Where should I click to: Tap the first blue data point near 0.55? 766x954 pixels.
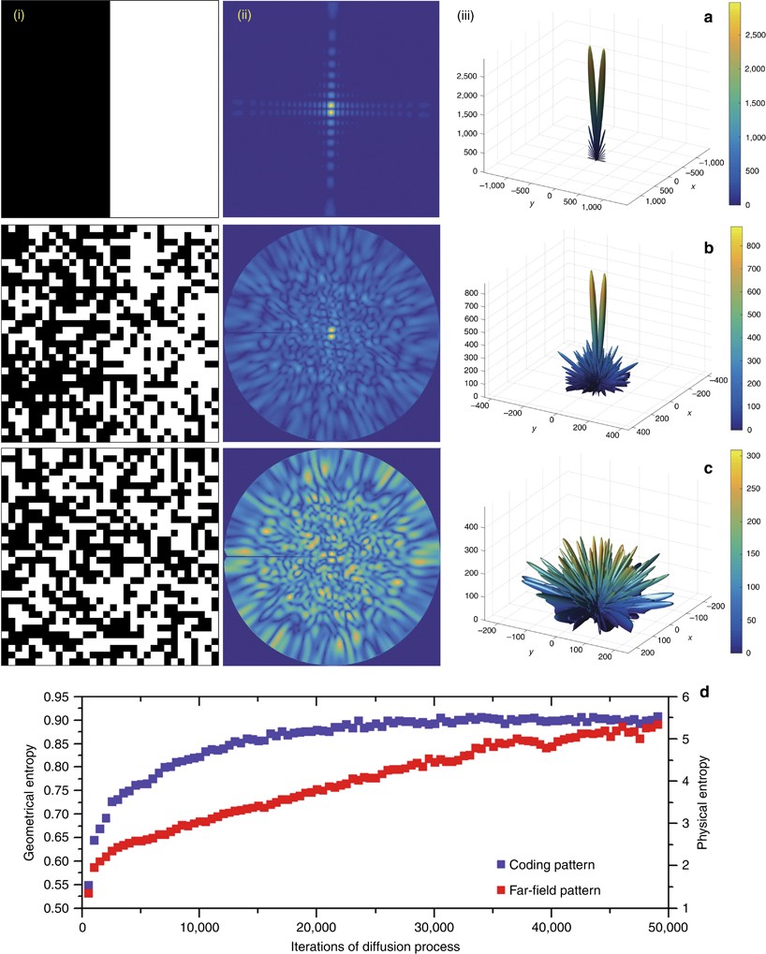pyautogui.click(x=88, y=886)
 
